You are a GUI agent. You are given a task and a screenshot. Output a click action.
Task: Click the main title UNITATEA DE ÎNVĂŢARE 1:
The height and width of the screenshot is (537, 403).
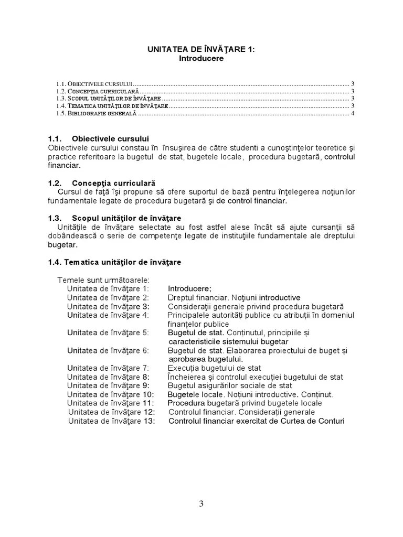click(201, 49)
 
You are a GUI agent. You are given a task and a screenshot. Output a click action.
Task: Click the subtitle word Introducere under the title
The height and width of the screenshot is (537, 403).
click(201, 59)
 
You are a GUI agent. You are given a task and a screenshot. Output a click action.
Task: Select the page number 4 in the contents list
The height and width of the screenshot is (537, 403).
click(353, 113)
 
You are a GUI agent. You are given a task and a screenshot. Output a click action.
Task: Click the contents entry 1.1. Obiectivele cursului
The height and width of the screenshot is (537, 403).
click(94, 83)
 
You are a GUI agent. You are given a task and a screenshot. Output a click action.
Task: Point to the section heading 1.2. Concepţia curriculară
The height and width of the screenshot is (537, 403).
click(102, 184)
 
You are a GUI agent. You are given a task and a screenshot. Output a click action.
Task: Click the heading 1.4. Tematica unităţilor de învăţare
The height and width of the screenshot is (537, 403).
click(115, 261)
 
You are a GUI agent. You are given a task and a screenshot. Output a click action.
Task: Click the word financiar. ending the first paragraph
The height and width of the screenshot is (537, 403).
click(65, 166)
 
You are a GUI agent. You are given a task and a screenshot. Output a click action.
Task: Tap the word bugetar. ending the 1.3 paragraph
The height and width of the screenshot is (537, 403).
click(62, 244)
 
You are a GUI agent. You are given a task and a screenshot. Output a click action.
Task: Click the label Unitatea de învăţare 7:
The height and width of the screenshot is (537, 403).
click(108, 368)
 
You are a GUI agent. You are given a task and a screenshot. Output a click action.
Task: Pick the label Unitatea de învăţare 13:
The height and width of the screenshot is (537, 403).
click(111, 421)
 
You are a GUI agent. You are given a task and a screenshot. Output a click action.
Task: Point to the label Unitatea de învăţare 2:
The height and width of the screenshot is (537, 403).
click(108, 297)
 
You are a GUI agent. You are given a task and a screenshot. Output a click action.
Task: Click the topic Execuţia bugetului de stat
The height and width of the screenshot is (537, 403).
click(214, 368)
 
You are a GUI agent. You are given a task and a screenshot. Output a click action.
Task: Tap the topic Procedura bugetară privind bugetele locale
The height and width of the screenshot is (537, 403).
click(245, 403)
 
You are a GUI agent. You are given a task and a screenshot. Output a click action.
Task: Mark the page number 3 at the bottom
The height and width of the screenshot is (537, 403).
click(201, 504)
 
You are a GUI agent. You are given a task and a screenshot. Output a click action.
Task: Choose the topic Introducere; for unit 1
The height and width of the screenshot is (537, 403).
click(189, 288)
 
